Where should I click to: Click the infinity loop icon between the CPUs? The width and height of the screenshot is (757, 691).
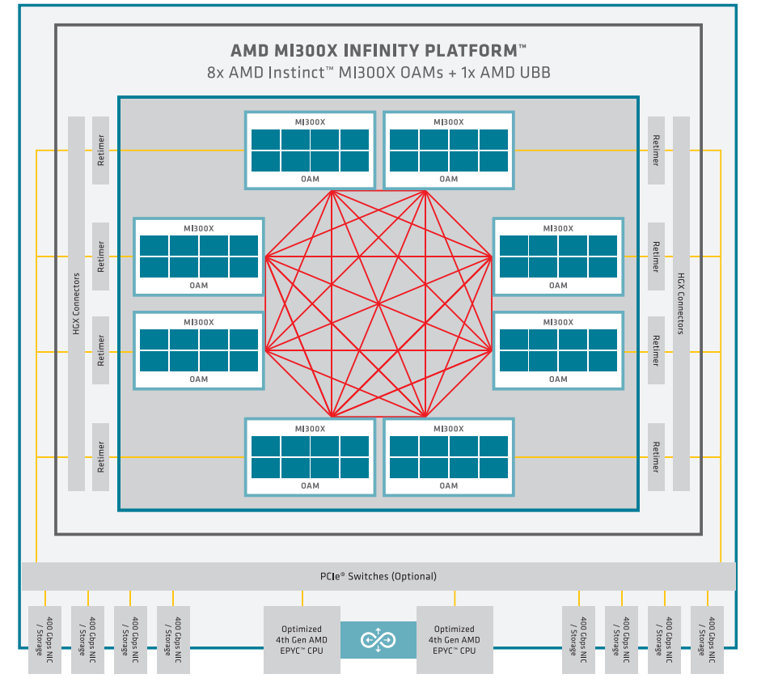378,640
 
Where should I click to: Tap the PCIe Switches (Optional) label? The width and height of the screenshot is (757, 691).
378,576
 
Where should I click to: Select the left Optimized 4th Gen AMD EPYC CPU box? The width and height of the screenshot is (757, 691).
302,640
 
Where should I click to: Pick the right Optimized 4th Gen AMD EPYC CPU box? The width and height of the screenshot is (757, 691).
455,640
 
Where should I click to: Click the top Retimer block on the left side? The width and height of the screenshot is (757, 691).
100,150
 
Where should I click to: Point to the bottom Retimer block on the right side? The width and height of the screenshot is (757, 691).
656,457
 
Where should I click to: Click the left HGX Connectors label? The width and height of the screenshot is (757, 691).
76,303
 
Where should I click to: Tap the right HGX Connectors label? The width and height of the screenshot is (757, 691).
681,303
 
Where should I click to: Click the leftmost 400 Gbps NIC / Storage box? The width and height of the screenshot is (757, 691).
45,640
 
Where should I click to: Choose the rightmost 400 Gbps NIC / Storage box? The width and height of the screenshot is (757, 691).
708,640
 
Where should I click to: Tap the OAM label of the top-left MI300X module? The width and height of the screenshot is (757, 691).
310,179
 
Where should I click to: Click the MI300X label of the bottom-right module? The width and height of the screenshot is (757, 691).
449,429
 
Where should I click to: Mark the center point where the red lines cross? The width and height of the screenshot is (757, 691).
378,303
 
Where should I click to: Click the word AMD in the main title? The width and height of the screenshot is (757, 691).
250,51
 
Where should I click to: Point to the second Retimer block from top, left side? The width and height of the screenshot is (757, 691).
100,256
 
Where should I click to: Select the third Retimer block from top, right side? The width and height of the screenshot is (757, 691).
656,350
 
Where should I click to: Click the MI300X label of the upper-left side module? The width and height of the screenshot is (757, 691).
198,228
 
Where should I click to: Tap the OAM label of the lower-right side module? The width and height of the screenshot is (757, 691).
558,379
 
